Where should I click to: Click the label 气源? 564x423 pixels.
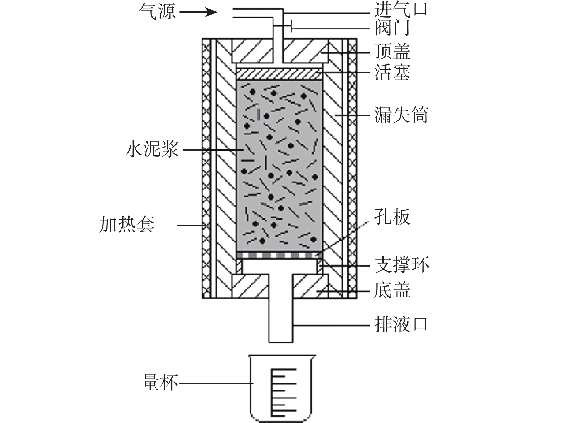[158, 12]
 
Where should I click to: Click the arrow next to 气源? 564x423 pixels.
[198, 12]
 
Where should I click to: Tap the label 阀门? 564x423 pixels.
[392, 28]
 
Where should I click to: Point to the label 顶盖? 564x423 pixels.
[392, 52]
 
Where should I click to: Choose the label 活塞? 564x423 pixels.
[392, 72]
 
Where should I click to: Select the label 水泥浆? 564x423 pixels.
[151, 149]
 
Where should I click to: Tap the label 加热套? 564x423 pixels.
[127, 225]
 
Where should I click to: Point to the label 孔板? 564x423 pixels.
[392, 217]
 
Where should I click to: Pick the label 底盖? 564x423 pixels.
[392, 290]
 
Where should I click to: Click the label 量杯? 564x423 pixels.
[160, 383]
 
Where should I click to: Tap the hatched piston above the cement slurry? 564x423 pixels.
[279, 74]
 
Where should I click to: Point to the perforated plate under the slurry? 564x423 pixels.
[279, 255]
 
